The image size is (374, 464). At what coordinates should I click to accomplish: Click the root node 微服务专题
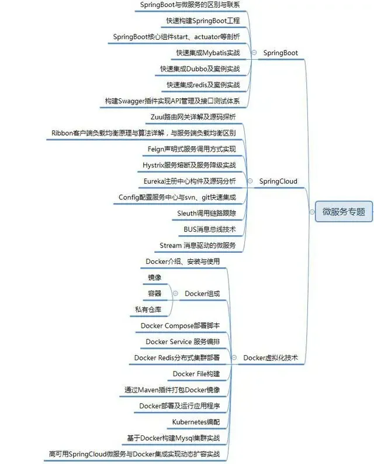coord(344,212)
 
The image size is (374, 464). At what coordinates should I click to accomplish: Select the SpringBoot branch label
coord(280,53)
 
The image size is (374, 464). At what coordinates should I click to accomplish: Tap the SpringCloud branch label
coord(278,181)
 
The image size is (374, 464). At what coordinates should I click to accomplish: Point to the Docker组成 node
coord(202,293)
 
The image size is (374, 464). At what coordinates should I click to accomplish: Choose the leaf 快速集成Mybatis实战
coord(208,53)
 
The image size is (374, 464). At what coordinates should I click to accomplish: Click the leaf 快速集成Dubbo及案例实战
coord(200,68)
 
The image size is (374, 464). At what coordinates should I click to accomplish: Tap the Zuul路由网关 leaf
coord(193,116)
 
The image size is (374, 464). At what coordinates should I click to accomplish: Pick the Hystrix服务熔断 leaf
coord(189,165)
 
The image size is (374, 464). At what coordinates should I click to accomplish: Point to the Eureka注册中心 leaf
coord(190,181)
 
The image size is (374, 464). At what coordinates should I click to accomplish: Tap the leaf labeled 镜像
coord(155,277)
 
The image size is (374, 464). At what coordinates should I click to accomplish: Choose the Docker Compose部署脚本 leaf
coord(180,325)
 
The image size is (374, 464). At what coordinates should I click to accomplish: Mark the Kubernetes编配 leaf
coord(196,421)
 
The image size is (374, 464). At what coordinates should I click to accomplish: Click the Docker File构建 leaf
coord(196,373)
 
